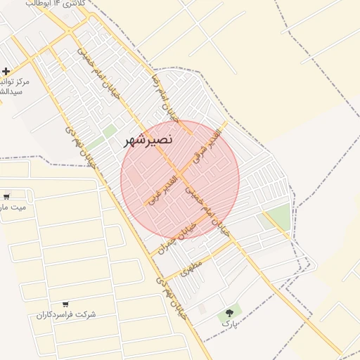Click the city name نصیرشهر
tap(148, 139)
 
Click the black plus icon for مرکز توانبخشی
tap(6, 72)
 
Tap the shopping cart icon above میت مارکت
tap(6, 196)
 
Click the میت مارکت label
tap(13, 207)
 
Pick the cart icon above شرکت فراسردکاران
tap(65, 304)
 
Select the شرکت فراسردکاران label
tap(66, 314)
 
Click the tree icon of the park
tap(229, 313)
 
